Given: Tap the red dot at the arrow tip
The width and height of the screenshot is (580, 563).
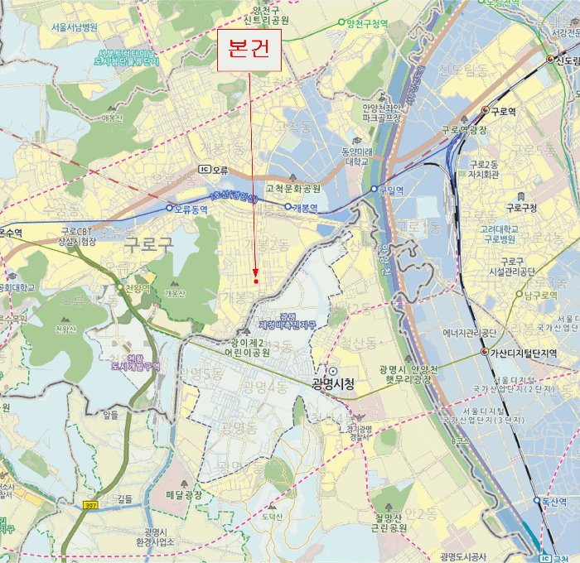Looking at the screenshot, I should click(x=256, y=281).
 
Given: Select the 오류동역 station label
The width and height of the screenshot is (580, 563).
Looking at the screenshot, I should click(x=191, y=209).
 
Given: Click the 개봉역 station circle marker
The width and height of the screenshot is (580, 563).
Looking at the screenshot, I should click(x=288, y=206).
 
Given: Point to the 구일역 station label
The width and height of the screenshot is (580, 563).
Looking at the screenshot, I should click(x=391, y=190).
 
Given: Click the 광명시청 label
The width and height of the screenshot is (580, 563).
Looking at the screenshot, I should click(x=333, y=384).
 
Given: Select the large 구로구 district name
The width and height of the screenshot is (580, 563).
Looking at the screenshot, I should click(x=148, y=244).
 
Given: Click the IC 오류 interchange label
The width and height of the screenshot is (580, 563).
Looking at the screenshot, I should click(x=213, y=169).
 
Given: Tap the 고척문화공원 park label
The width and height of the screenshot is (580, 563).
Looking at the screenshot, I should click(x=292, y=189).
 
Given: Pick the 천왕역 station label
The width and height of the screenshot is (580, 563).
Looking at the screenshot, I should click(x=138, y=289).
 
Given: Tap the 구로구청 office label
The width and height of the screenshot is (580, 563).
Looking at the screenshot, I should click(x=522, y=207).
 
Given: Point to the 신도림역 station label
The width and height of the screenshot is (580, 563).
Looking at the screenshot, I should click(x=567, y=60).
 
